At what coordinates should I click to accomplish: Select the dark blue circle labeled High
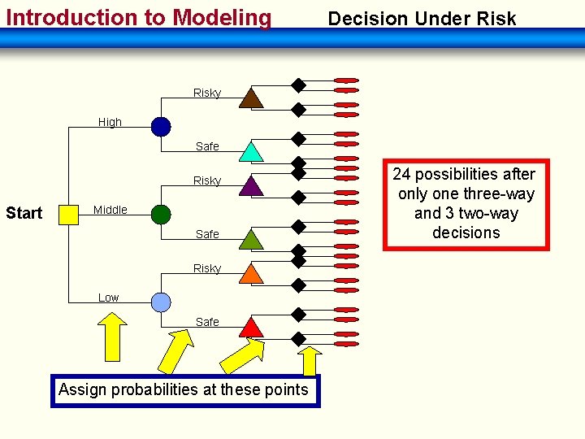click(x=161, y=126)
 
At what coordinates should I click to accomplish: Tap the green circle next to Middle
click(x=161, y=214)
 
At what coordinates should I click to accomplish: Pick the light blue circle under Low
click(x=161, y=302)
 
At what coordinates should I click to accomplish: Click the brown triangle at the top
click(x=251, y=98)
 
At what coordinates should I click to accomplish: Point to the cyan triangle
click(x=251, y=152)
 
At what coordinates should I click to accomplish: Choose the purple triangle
click(x=251, y=186)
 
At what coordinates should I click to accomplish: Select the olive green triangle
click(x=251, y=239)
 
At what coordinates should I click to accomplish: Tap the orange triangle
click(x=251, y=274)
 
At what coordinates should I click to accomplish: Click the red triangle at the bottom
click(x=251, y=327)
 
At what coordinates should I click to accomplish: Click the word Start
click(x=24, y=214)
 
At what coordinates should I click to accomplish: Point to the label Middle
click(x=110, y=210)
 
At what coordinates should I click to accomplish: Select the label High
click(x=110, y=122)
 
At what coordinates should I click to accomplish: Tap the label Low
click(x=108, y=298)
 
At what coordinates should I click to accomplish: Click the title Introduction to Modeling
click(x=139, y=17)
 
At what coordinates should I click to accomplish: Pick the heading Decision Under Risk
click(x=421, y=19)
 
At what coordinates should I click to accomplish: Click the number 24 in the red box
click(x=402, y=174)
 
